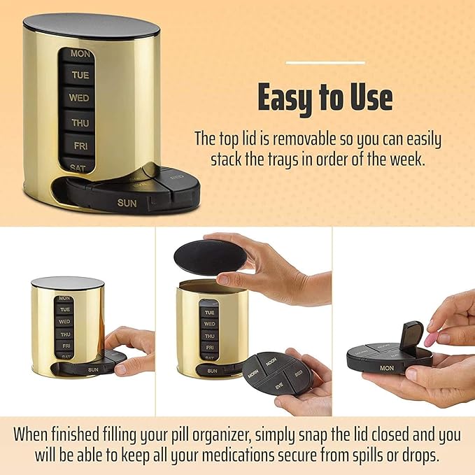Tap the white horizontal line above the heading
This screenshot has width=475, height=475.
[325, 63]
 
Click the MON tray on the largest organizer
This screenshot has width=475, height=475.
[80, 53]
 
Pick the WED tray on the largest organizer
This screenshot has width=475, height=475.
[79, 98]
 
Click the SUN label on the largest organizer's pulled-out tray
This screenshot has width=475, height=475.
[127, 204]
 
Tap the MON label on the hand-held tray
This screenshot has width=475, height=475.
[386, 367]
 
